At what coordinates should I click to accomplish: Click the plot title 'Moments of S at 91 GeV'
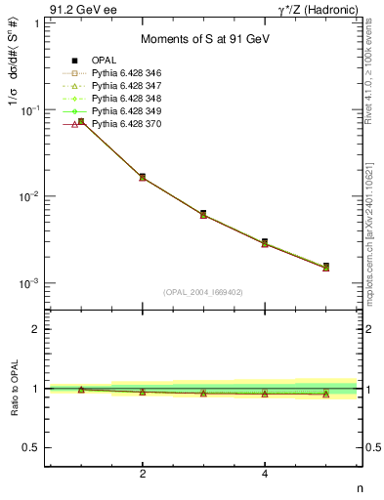205,38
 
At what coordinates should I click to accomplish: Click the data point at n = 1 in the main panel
81,122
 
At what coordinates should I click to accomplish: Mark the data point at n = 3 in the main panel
203,214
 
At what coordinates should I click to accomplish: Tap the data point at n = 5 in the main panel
325,267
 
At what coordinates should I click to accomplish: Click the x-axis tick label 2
143,474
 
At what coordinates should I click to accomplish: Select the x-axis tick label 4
265,474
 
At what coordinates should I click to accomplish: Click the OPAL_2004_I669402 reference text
204,292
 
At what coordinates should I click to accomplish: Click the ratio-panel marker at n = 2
143,392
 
